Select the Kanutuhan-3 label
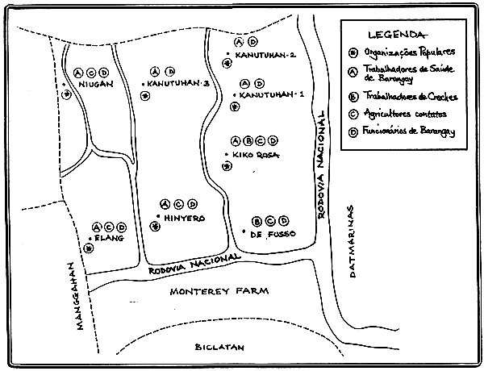[179, 83]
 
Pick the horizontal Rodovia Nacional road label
[193, 262]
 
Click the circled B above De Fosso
[257, 221]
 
